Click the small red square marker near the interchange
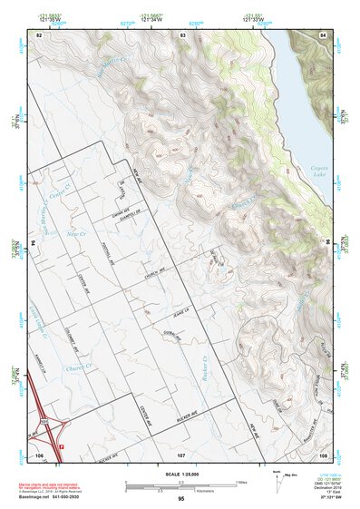(61, 447)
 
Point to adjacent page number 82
(39, 34)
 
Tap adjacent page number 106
(39, 454)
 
